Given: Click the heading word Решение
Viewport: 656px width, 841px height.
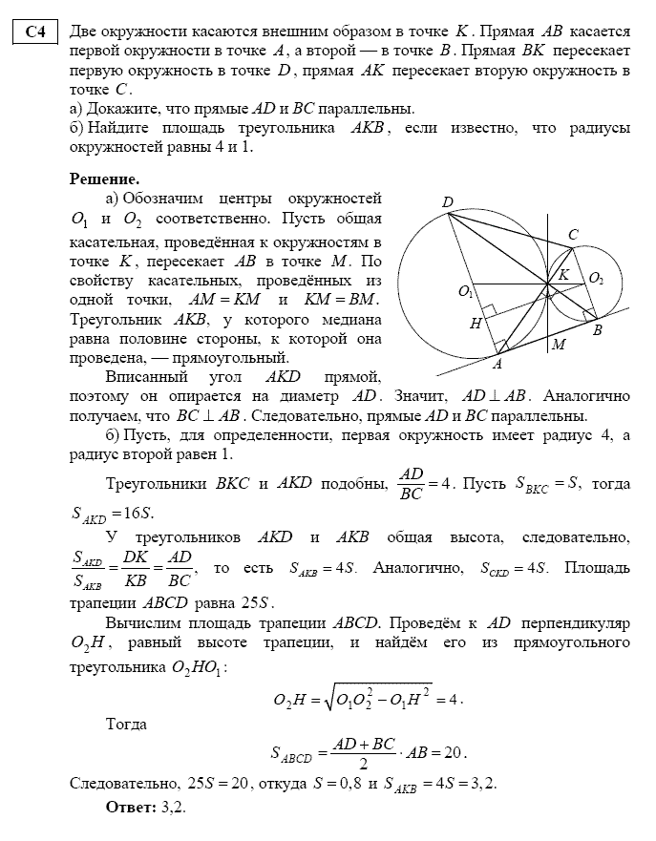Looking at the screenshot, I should [x=105, y=179].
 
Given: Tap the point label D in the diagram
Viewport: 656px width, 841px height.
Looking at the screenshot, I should [x=447, y=201].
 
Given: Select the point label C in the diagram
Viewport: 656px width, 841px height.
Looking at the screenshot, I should [x=572, y=235].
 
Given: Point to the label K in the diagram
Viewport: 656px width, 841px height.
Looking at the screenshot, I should [x=563, y=275].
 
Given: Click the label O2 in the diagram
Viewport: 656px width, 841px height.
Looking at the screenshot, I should [x=597, y=278].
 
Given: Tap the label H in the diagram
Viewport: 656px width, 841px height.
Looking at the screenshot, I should [x=475, y=324].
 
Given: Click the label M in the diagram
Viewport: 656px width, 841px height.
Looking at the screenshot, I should [x=558, y=344].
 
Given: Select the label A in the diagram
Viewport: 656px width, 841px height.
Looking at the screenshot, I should [x=496, y=364].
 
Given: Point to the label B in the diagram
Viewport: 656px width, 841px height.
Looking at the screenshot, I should [x=598, y=329].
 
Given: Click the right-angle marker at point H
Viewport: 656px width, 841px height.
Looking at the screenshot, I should [x=488, y=311].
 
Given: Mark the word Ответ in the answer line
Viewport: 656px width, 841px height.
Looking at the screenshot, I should [x=131, y=807].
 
